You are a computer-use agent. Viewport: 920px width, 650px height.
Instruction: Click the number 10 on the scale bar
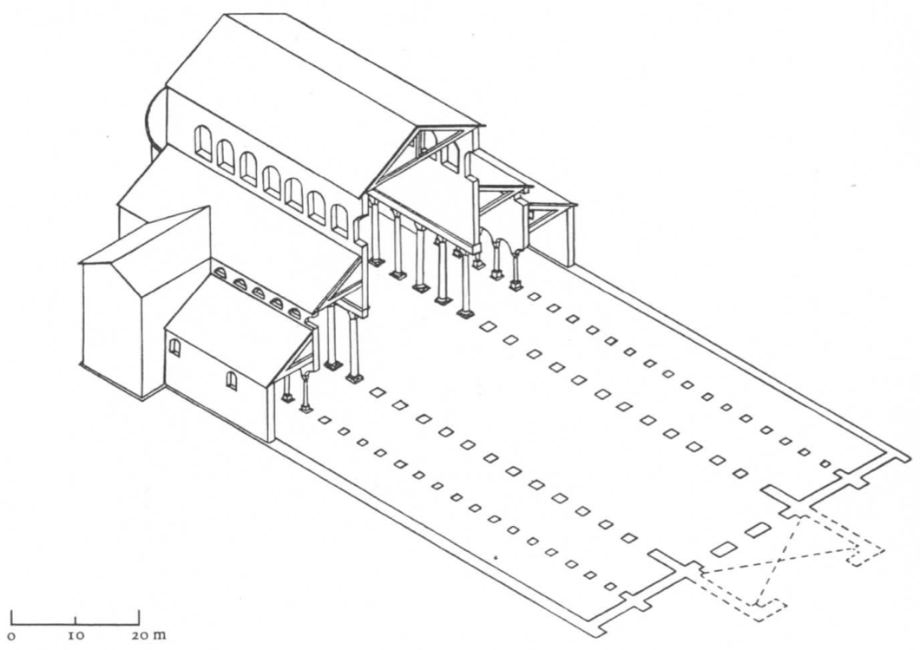point(76,635)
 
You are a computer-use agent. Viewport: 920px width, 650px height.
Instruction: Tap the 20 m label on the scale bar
point(145,635)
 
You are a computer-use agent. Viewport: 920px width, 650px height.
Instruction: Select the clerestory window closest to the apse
point(202,143)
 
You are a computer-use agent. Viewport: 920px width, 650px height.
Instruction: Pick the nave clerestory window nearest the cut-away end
point(339,220)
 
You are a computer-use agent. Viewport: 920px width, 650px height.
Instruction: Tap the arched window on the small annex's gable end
point(174,348)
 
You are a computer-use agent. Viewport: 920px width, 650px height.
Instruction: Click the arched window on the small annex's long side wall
point(232,380)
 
